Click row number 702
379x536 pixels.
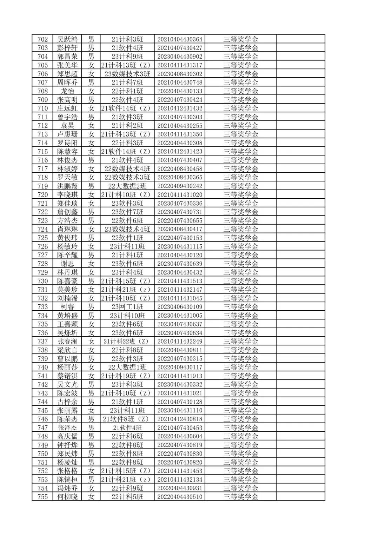pyautogui.click(x=42, y=39)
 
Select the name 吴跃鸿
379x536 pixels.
pyautogui.click(x=67, y=39)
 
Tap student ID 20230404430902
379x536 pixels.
pyautogui.click(x=180, y=57)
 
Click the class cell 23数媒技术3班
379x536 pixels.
pyautogui.click(x=127, y=74)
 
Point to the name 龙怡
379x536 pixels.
pyautogui.click(x=67, y=91)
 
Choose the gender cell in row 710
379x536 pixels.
pyautogui.click(x=91, y=108)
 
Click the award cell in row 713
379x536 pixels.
pyautogui.click(x=241, y=134)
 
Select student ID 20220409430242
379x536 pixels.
pyautogui.click(x=180, y=186)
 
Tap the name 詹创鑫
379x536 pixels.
pyautogui.click(x=67, y=212)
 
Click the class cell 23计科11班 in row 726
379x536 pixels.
pyautogui.click(x=127, y=246)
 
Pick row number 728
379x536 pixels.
pyautogui.click(x=42, y=264)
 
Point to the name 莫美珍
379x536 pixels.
pyautogui.click(x=67, y=290)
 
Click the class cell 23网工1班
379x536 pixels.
pyautogui.click(x=127, y=307)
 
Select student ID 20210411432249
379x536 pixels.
pyautogui.click(x=180, y=341)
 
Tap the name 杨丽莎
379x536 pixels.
pyautogui.click(x=67, y=367)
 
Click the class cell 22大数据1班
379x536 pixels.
pyautogui.click(x=127, y=367)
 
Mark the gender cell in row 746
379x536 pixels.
pyautogui.click(x=91, y=419)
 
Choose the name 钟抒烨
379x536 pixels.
pyautogui.click(x=67, y=445)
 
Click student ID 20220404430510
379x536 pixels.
pyautogui.click(x=180, y=497)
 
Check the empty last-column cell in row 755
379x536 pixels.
pyautogui.click(x=301, y=497)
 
